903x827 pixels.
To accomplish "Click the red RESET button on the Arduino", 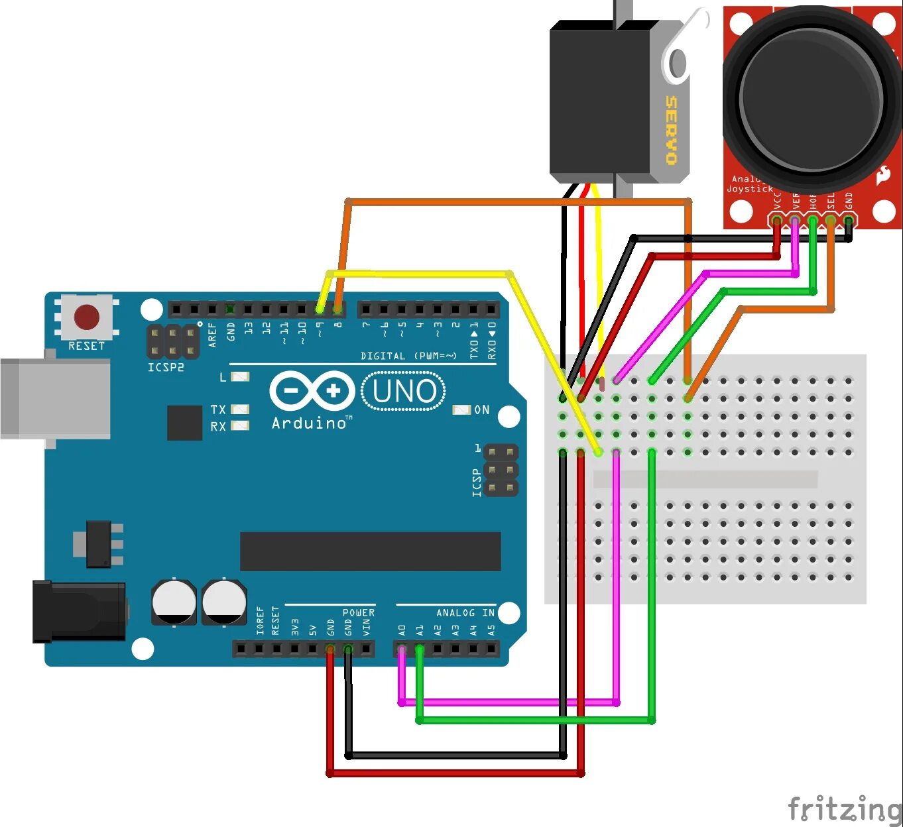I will pyautogui.click(x=87, y=317).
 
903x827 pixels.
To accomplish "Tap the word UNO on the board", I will pyautogui.click(x=404, y=392).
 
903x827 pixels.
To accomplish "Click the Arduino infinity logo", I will pyautogui.click(x=312, y=390).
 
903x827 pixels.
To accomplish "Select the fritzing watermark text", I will pyautogui.click(x=844, y=809).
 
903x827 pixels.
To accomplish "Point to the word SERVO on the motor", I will pyautogui.click(x=671, y=130).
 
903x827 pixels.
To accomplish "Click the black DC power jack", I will pyautogui.click(x=80, y=611).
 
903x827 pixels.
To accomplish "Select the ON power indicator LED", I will pyautogui.click(x=461, y=410).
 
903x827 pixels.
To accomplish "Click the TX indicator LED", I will pyautogui.click(x=240, y=410).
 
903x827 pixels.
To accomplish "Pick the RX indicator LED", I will pyautogui.click(x=240, y=426).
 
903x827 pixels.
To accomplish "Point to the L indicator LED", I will pyautogui.click(x=240, y=377).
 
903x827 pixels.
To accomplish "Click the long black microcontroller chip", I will pyautogui.click(x=370, y=551).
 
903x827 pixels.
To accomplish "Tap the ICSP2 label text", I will pyautogui.click(x=166, y=367).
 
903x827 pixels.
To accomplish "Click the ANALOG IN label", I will pyautogui.click(x=465, y=613).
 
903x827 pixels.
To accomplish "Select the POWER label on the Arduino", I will pyautogui.click(x=358, y=613).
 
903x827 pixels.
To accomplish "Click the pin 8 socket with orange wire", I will pyautogui.click(x=338, y=309).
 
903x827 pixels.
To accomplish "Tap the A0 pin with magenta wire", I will pyautogui.click(x=402, y=649).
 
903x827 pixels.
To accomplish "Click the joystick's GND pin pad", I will pyautogui.click(x=848, y=219).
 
